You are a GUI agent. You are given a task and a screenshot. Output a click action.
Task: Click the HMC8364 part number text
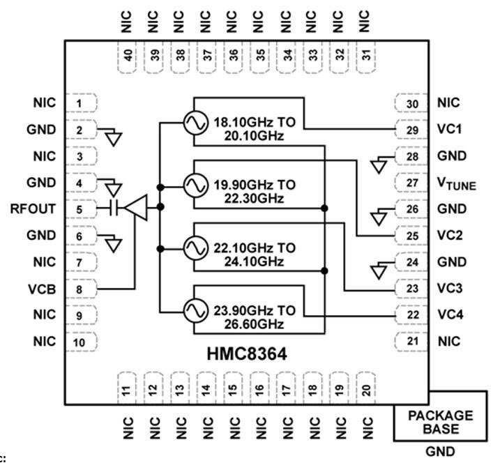click(x=246, y=354)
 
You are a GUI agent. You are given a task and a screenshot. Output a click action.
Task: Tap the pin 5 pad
click(x=81, y=209)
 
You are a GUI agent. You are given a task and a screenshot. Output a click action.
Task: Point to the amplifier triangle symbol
click(x=139, y=208)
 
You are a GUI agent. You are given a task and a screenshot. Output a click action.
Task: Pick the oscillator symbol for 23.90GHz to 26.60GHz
click(x=192, y=308)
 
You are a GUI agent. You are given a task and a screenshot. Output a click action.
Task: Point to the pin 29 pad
click(x=412, y=130)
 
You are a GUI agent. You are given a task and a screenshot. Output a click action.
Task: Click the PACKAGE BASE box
click(x=439, y=421)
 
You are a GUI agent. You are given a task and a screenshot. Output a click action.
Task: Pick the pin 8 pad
click(x=81, y=288)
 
